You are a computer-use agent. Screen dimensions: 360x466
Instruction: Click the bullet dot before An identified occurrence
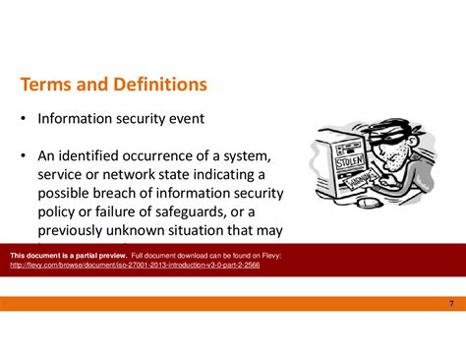22,157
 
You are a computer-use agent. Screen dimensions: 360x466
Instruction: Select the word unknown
142,231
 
